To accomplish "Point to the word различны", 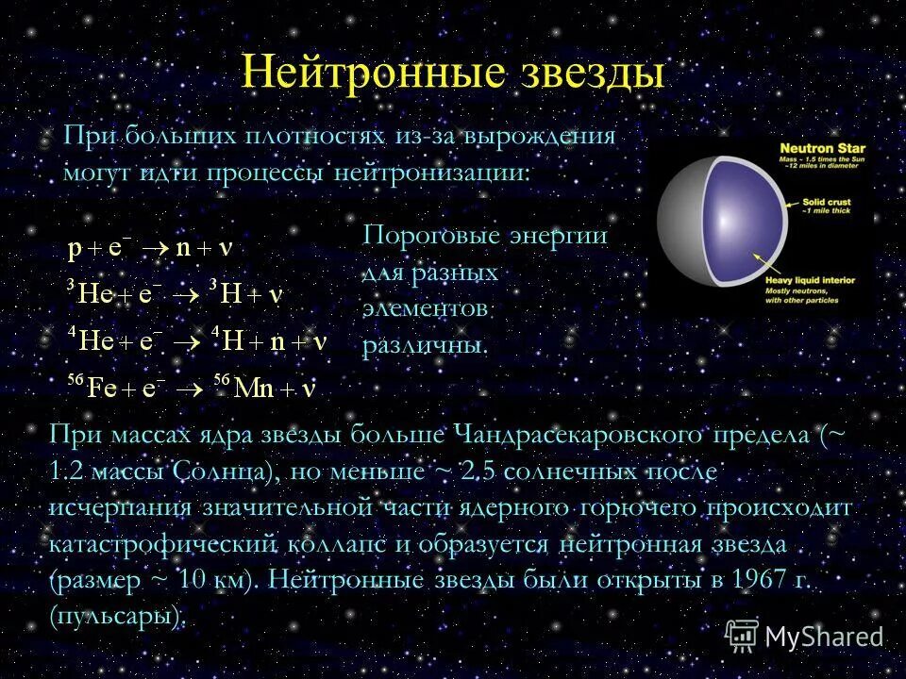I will pyautogui.click(x=425, y=345).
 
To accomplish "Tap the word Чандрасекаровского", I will pyautogui.click(x=579, y=435).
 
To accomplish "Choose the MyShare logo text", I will pyautogui.click(x=824, y=637).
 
